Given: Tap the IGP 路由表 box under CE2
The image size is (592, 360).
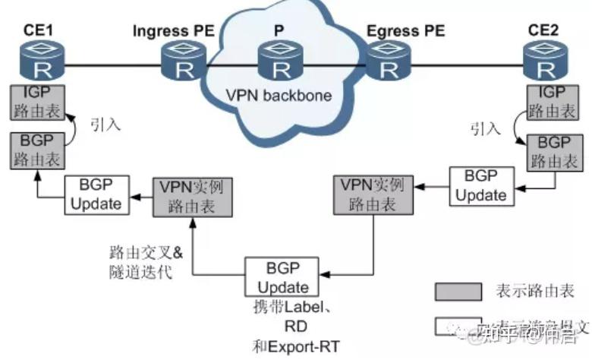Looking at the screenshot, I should tap(545, 103).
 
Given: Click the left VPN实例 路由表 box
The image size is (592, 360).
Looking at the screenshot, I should tap(192, 194).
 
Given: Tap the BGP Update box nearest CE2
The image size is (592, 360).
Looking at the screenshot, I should tap(480, 185).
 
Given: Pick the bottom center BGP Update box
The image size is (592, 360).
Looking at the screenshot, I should tap(282, 277).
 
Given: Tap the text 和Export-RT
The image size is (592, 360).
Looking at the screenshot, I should tap(294, 346).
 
